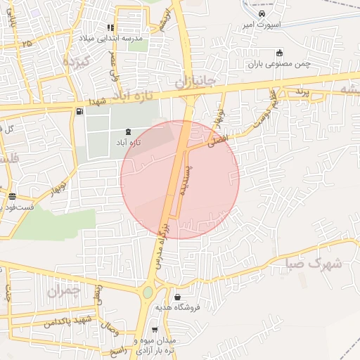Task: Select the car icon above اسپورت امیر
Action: pyautogui.click(x=262, y=14)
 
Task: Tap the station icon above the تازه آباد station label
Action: pyautogui.click(x=128, y=131)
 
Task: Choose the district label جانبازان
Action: pyautogui.click(x=202, y=82)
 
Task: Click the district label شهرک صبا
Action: pyautogui.click(x=314, y=264)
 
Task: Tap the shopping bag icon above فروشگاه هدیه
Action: pyautogui.click(x=176, y=297)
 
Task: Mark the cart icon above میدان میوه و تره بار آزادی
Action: pyautogui.click(x=154, y=329)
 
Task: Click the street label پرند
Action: pyautogui.click(x=301, y=91)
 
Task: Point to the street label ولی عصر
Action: pyautogui.click(x=111, y=72)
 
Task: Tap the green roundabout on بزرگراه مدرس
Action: pyautogui.click(x=147, y=292)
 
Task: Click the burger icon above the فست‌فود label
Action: pyautogui.click(x=13, y=197)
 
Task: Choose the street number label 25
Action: pyautogui.click(x=26, y=44)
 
